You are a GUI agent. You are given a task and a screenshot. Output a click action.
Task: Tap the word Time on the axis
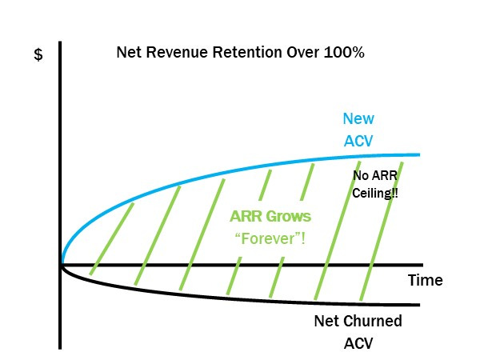click(425, 281)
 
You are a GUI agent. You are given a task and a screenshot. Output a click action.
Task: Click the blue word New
click(358, 119)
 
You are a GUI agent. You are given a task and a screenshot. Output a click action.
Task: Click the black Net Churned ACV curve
click(240, 295)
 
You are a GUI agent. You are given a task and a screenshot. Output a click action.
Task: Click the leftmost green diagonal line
click(112, 240)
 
